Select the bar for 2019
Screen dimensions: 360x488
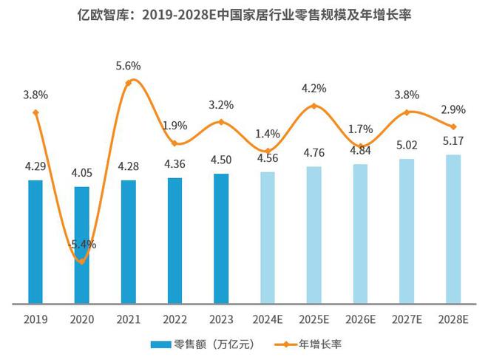click(35, 241)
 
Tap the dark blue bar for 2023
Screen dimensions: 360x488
click(221, 238)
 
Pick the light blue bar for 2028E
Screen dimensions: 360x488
click(453, 228)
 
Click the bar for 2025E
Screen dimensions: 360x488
click(314, 234)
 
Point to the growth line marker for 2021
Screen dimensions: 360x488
click(129, 82)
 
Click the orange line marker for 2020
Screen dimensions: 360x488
click(82, 262)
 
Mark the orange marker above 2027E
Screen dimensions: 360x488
click(407, 112)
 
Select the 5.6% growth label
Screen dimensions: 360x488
click(129, 66)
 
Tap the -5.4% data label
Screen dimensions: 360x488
click(83, 244)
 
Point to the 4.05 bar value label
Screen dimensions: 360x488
click(82, 173)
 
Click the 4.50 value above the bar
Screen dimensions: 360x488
click(221, 160)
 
